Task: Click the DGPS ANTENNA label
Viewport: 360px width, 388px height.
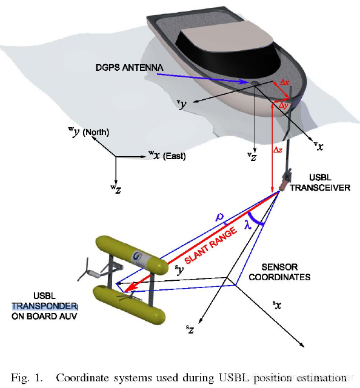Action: [x=129, y=68]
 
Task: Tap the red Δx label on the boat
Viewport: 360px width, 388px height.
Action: [x=285, y=82]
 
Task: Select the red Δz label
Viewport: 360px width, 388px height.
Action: [x=278, y=150]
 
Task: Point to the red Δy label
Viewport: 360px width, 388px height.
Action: [x=283, y=105]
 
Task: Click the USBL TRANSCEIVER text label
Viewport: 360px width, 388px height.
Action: [x=320, y=183]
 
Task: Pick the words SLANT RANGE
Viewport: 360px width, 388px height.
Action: [x=211, y=246]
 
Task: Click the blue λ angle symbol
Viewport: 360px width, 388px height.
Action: [x=248, y=225]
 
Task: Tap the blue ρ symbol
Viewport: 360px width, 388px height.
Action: [x=219, y=217]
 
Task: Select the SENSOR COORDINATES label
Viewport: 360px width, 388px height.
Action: [x=279, y=272]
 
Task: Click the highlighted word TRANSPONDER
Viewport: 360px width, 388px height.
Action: [x=44, y=306]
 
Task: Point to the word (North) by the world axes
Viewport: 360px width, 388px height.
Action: [x=96, y=132]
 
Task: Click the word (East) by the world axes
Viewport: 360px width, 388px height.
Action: [x=175, y=156]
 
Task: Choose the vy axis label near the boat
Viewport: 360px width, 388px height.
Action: [x=182, y=105]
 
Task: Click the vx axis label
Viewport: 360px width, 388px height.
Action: [x=319, y=146]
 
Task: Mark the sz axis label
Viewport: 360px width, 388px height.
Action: [x=190, y=329]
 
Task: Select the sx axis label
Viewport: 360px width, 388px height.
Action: [x=277, y=305]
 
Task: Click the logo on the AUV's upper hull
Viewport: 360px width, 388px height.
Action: [x=137, y=257]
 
